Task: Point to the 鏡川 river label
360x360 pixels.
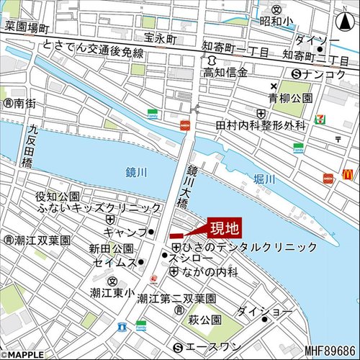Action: pos(135,172)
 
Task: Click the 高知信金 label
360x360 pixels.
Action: pos(225,73)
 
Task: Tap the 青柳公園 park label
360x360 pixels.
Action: pos(290,96)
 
